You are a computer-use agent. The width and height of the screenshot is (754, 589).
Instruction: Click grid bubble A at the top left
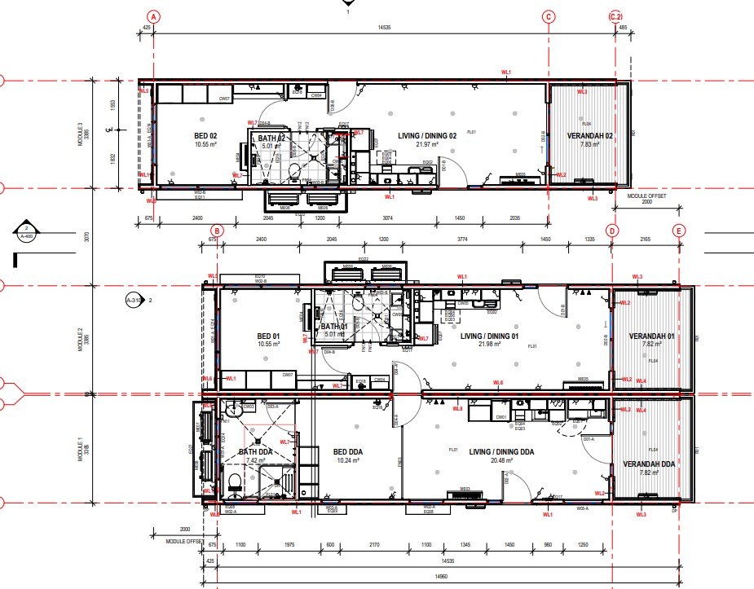[153, 16]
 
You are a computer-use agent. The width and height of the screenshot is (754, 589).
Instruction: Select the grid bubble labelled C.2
[616, 16]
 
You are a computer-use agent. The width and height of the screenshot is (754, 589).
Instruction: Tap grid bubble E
[678, 231]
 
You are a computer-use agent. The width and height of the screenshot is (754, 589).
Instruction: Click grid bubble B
[217, 231]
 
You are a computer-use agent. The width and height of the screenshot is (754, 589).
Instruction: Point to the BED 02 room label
[182, 135]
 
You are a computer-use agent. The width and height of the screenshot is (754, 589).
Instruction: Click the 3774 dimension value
[462, 240]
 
